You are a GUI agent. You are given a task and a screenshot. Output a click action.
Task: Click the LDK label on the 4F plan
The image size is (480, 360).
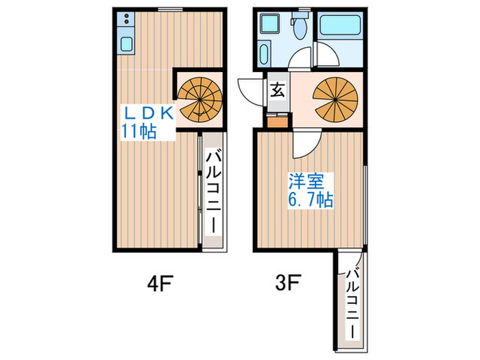pos(150,112)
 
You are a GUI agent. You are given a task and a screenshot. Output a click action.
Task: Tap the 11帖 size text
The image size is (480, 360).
pos(139,130)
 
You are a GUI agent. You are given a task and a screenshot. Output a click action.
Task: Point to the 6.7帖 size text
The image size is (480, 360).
pos(310,200)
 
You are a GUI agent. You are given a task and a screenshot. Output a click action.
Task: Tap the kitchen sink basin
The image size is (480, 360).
pos(126,45)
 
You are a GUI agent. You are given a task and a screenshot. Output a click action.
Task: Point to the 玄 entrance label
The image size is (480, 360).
pos(278,89)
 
